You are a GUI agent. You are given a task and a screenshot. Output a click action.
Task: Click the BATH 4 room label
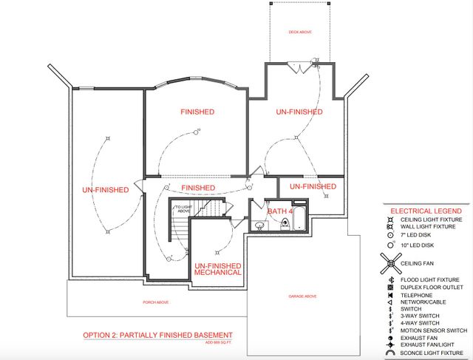pyautogui.click(x=281, y=211)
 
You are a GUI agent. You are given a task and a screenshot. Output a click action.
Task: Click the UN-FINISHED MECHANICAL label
pyautogui.click(x=218, y=268)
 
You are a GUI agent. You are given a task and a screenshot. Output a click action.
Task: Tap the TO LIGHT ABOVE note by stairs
pyautogui.click(x=183, y=208)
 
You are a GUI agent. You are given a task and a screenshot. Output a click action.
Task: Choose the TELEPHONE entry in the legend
pyautogui.click(x=416, y=294)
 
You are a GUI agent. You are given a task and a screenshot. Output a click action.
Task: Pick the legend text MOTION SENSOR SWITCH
pyautogui.click(x=433, y=330)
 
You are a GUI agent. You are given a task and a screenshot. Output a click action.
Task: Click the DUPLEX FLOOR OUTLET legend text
pyautogui.click(x=432, y=287)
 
